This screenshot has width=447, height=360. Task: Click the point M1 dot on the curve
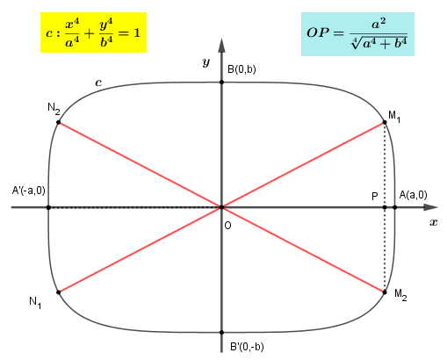click(385, 122)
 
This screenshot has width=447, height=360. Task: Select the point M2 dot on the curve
click(385, 292)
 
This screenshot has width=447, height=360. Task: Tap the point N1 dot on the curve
click(59, 292)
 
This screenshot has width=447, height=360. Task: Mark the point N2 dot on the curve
click(59, 122)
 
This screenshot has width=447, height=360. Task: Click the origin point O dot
click(221, 207)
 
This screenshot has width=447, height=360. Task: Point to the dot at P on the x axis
click(385, 207)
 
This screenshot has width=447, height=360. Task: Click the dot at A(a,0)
click(394, 207)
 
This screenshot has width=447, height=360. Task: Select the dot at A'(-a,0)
click(48, 207)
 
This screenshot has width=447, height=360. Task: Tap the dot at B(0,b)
click(221, 83)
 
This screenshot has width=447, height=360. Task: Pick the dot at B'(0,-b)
click(221, 332)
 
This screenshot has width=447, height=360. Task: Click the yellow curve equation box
click(93, 32)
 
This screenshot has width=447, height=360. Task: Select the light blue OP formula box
click(357, 34)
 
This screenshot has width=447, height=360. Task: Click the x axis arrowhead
click(431, 207)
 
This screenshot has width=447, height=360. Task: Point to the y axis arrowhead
click(221, 46)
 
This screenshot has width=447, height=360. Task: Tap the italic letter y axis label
click(206, 62)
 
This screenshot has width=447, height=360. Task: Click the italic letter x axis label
click(434, 222)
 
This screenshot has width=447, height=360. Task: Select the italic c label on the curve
click(98, 83)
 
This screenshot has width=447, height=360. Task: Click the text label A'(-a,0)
click(29, 191)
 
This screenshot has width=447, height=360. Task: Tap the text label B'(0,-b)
click(247, 347)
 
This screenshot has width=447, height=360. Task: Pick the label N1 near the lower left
click(35, 302)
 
